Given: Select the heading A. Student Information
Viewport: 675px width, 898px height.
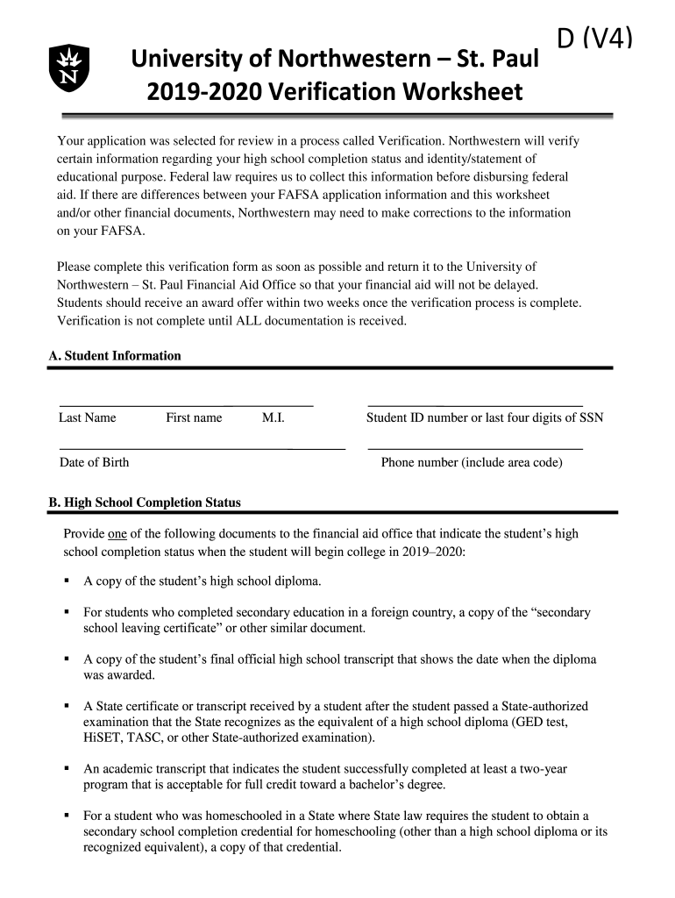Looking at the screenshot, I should [115, 355].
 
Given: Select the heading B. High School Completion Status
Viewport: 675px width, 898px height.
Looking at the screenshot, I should [145, 502].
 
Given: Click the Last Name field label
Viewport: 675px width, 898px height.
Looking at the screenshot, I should [87, 417].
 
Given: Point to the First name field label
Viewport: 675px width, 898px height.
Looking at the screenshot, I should [194, 417].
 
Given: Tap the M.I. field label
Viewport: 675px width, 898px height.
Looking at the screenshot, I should [273, 417].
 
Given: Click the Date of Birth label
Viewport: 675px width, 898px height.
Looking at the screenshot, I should [94, 462].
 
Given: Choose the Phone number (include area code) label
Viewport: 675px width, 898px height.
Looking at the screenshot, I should [472, 462].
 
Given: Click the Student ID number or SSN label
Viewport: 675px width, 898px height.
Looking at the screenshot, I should [484, 417].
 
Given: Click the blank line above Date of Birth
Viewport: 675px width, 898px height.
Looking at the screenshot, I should [202, 449].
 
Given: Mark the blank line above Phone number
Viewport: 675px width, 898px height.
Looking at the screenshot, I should [475, 449].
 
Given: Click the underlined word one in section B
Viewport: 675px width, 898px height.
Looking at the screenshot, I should [117, 533].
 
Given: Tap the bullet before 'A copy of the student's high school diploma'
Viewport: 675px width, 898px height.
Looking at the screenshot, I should [67, 581].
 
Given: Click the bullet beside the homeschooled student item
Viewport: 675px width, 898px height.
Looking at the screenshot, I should [67, 815].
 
